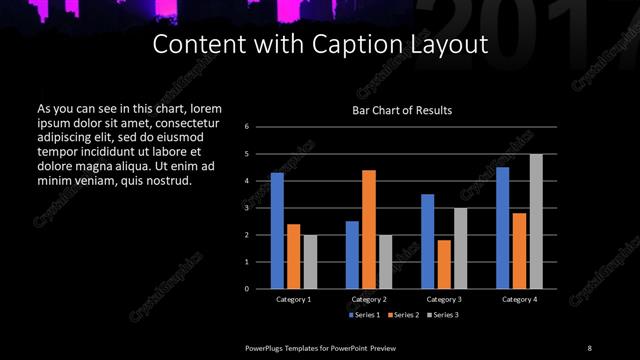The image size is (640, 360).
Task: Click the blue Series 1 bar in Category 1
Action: click(x=277, y=231)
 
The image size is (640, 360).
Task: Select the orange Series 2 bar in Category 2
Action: click(x=369, y=229)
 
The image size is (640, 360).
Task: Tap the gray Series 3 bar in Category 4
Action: click(x=536, y=221)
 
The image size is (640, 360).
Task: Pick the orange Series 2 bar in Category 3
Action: click(x=444, y=264)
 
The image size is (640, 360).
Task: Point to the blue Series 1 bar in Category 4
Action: click(x=502, y=228)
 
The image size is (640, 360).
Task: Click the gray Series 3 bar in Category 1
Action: click(x=310, y=262)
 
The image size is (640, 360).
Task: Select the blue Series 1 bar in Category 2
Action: click(x=352, y=255)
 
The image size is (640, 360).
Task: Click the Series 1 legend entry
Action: click(x=366, y=315)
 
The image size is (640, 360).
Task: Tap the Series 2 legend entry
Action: click(x=402, y=315)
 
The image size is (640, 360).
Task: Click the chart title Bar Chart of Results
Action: click(x=402, y=110)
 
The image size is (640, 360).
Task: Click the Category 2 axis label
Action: click(x=369, y=299)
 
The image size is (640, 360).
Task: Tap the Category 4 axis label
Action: click(x=519, y=299)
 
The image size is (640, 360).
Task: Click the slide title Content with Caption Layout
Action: click(x=320, y=45)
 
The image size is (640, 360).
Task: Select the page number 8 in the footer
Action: click(x=590, y=347)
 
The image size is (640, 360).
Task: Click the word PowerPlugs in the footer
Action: click(x=267, y=347)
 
